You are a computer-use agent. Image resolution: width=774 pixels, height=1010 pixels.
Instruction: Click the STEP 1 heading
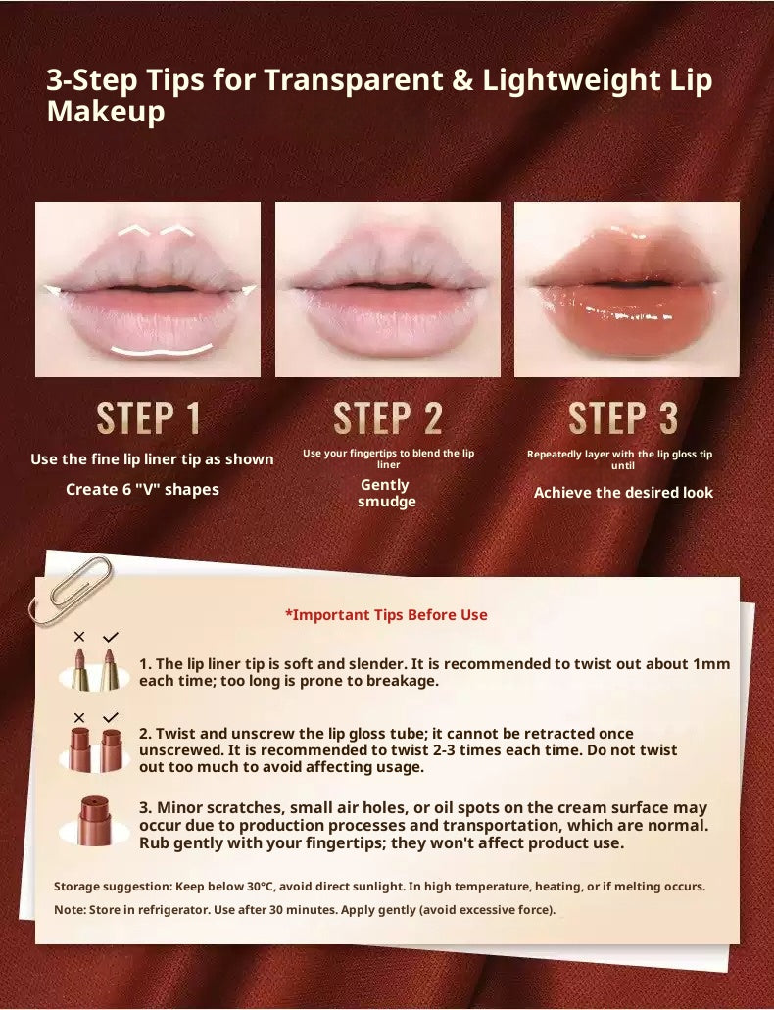pyautogui.click(x=149, y=418)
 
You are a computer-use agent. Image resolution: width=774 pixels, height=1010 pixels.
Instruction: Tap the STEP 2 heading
pyautogui.click(x=388, y=418)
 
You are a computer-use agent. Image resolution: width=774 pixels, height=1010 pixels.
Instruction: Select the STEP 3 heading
pyautogui.click(x=623, y=418)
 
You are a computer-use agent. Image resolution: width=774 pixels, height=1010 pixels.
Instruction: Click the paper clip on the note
pyautogui.click(x=71, y=591)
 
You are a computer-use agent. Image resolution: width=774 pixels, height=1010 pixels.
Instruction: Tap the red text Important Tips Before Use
pyautogui.click(x=386, y=615)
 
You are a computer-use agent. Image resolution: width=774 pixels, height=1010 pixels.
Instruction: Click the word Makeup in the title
pyautogui.click(x=106, y=112)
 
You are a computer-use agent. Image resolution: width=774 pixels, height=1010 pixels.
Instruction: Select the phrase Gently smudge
pyautogui.click(x=385, y=493)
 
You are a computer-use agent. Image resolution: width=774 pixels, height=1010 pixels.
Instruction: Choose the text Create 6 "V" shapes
pyautogui.click(x=142, y=489)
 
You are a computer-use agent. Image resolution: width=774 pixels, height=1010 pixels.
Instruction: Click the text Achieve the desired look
pyautogui.click(x=623, y=493)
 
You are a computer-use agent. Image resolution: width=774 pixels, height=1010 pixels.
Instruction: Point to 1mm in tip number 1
pyautogui.click(x=711, y=663)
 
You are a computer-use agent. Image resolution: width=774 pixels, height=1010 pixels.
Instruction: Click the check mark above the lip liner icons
pyautogui.click(x=110, y=637)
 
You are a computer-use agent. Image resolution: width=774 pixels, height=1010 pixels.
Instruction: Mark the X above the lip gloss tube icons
pyautogui.click(x=79, y=717)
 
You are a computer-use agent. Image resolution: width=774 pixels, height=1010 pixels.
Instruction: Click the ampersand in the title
pyautogui.click(x=461, y=80)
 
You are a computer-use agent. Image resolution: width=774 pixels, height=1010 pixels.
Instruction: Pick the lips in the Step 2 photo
pyautogui.click(x=387, y=294)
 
